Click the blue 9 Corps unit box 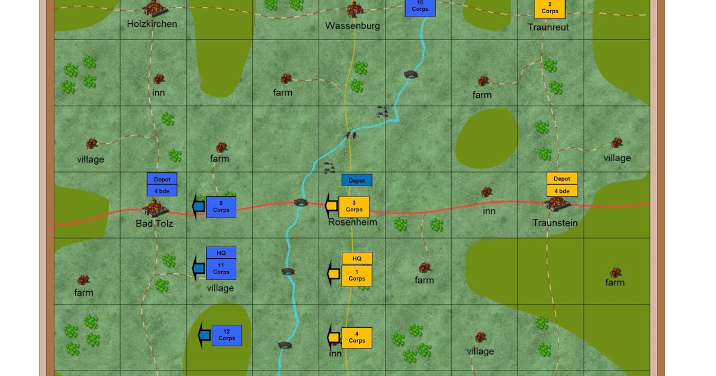[221, 207]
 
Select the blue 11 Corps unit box [221, 269]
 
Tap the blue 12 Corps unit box [227, 335]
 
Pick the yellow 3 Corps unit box [354, 207]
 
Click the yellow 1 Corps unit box [357, 276]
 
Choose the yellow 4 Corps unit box [357, 338]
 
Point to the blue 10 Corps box [420, 7]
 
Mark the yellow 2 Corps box [550, 8]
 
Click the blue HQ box [221, 253]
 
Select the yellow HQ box [357, 258]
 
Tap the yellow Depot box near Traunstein [562, 178]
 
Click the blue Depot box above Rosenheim [357, 180]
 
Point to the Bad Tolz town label [156, 223]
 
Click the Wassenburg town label [352, 26]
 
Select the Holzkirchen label [152, 24]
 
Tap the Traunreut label [548, 27]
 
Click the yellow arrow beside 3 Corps [331, 206]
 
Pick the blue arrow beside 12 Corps [205, 335]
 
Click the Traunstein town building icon [557, 204]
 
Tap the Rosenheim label [353, 222]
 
